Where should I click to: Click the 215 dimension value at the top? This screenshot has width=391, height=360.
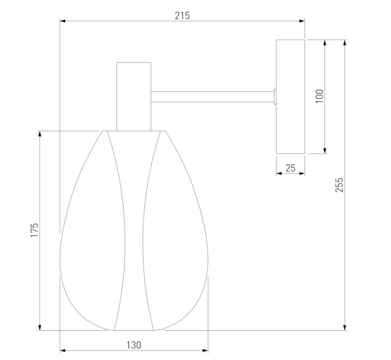[x=182, y=15]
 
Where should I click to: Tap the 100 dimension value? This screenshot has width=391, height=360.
[x=319, y=96]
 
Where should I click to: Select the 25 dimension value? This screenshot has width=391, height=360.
[x=291, y=168]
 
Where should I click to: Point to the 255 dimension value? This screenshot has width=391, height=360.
[x=339, y=185]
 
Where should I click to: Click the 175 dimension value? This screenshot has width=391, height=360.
[x=34, y=230]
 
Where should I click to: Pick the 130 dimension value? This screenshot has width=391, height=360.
[x=134, y=345]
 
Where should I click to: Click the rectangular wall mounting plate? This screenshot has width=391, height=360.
[x=291, y=97]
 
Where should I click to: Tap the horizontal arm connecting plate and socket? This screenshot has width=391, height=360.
[x=212, y=97]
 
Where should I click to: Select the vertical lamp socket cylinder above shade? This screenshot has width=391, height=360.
[x=134, y=97]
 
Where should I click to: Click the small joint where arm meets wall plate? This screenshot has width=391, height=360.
[x=275, y=97]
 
